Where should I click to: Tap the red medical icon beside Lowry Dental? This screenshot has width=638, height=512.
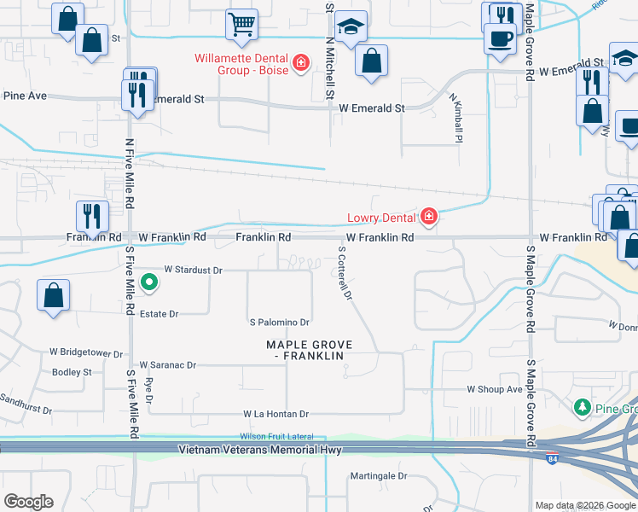tap(428, 217)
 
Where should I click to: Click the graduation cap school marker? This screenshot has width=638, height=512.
tap(351, 26)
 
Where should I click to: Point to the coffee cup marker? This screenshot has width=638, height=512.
tap(501, 37)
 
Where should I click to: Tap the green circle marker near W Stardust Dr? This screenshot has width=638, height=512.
tap(148, 281)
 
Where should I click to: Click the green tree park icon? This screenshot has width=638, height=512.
tap(583, 408)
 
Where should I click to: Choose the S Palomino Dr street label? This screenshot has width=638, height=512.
tap(278, 323)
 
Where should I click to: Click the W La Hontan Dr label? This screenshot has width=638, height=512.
tap(275, 414)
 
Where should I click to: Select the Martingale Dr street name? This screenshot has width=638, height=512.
tap(379, 476)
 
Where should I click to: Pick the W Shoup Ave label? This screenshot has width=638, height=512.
tap(494, 389)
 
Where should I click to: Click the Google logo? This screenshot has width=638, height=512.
tap(28, 502)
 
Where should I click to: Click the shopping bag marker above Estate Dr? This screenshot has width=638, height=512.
tap(53, 294)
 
